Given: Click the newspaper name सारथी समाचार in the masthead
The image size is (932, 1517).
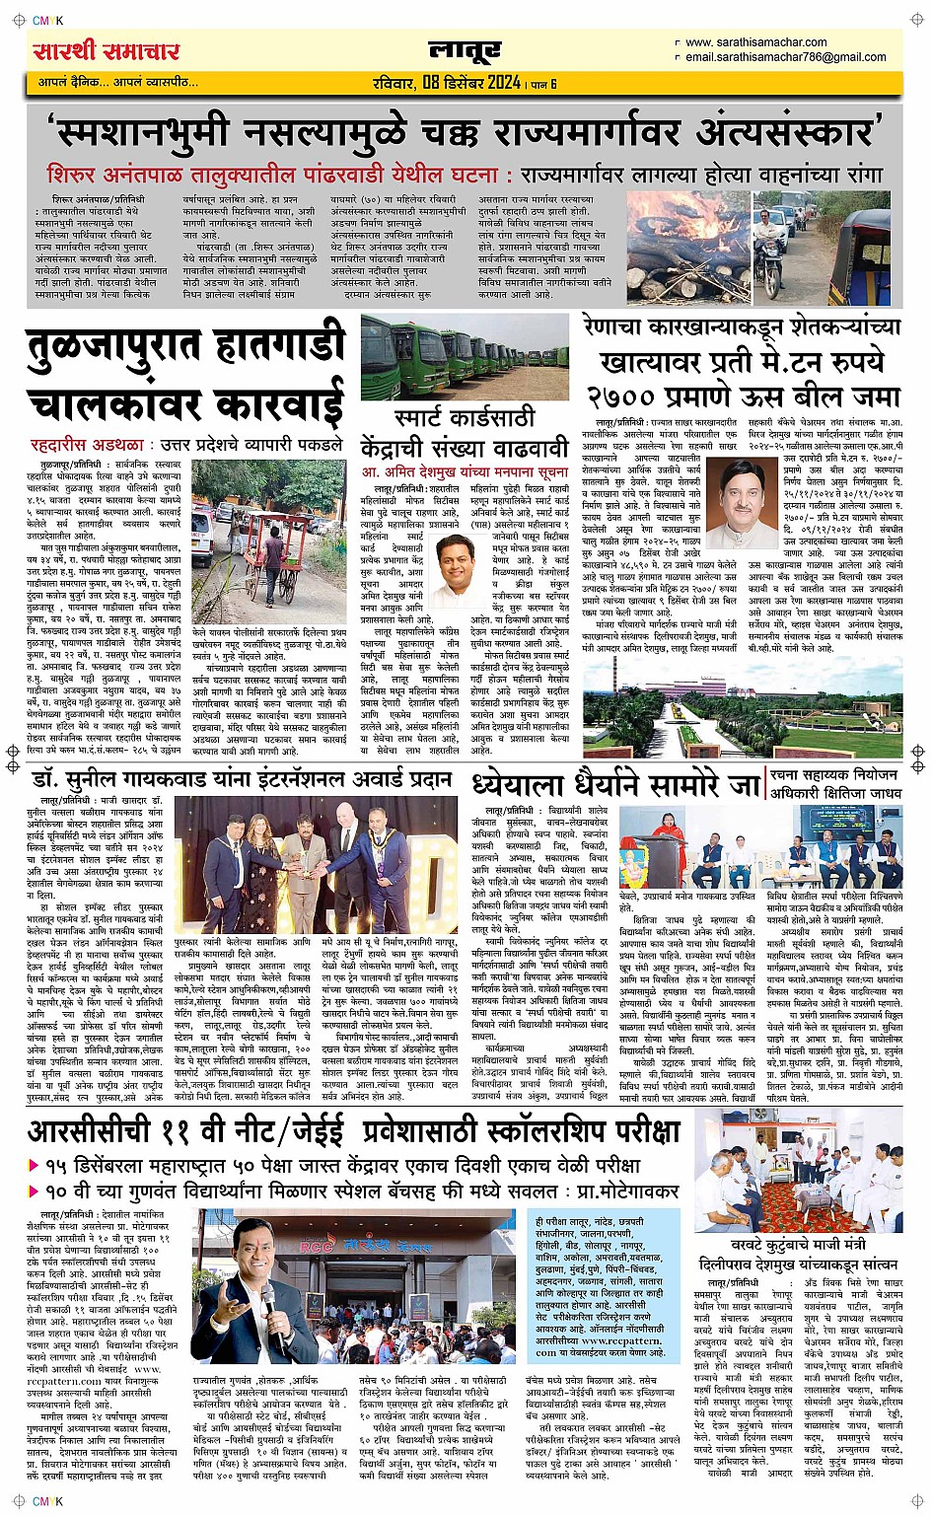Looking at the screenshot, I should (x=107, y=50).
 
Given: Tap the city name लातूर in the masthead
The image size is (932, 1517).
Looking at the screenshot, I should (x=465, y=50).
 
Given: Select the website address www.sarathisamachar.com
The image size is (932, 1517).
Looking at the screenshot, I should (x=755, y=42).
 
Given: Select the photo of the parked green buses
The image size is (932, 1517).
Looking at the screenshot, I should (x=465, y=356).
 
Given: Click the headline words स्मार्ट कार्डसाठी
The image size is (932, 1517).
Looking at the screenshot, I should (x=464, y=418).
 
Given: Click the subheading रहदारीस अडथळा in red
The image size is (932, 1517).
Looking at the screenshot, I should (x=87, y=446).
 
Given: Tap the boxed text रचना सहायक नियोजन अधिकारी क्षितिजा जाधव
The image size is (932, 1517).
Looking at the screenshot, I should (x=835, y=784).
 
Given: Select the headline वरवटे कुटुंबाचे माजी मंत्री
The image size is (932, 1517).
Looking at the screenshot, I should (x=799, y=1245).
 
